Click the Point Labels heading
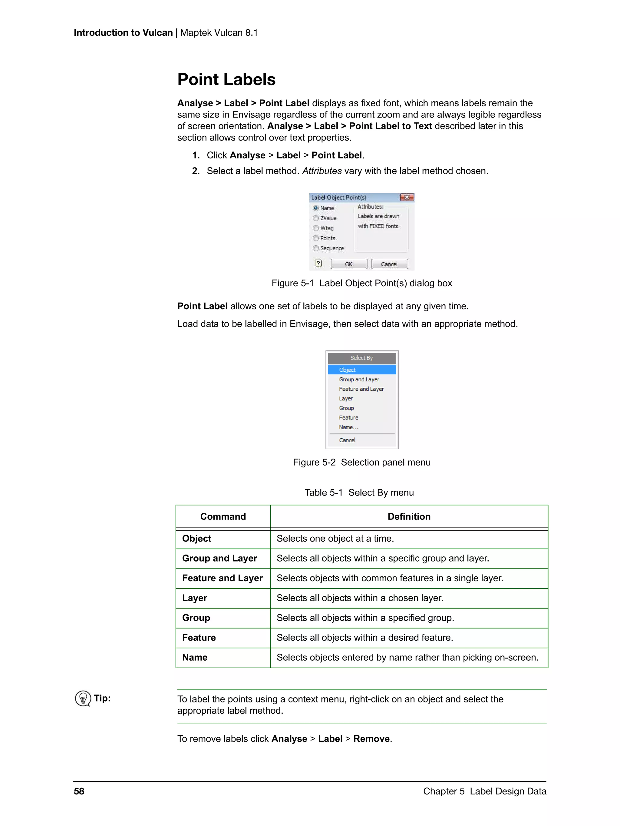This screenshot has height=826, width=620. click(226, 80)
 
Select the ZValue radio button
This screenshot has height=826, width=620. click(316, 218)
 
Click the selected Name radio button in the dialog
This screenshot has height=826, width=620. click(316, 208)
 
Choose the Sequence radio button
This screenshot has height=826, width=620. click(316, 248)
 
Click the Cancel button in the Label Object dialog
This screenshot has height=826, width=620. click(389, 264)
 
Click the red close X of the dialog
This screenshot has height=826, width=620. click(407, 197)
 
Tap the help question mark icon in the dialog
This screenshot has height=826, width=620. click(318, 264)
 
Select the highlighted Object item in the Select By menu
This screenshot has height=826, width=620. click(361, 370)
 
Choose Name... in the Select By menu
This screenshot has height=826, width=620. click(348, 427)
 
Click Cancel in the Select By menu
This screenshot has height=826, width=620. click(347, 440)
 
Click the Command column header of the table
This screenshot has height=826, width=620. click(223, 516)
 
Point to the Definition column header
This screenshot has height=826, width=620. click(409, 516)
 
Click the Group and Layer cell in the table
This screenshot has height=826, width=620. click(219, 558)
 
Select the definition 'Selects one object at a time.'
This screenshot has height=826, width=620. click(335, 539)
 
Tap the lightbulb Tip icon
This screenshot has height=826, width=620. click(83, 698)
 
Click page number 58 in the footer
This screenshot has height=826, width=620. click(79, 791)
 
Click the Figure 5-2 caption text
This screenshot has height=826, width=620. click(361, 462)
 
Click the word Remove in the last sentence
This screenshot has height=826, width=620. click(371, 739)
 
